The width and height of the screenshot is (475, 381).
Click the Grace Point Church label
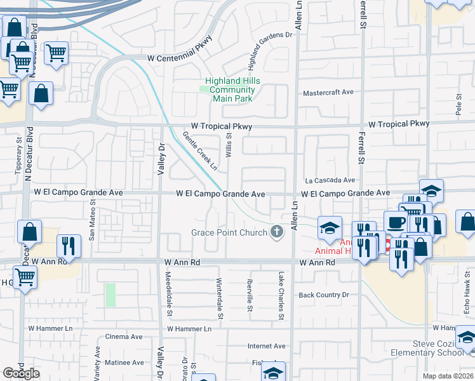tap(229, 232)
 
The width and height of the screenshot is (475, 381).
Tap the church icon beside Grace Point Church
tap(276, 232)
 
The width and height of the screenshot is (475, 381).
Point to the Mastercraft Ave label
tap(328, 92)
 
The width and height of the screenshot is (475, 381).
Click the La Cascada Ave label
tap(330, 180)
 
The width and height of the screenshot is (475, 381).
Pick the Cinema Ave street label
tap(124, 337)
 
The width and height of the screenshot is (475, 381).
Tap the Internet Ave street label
tap(266, 346)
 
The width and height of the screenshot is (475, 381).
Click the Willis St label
tap(229, 145)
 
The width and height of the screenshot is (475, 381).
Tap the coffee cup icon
tap(396, 223)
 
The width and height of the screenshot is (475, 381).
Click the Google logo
tap(21, 373)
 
